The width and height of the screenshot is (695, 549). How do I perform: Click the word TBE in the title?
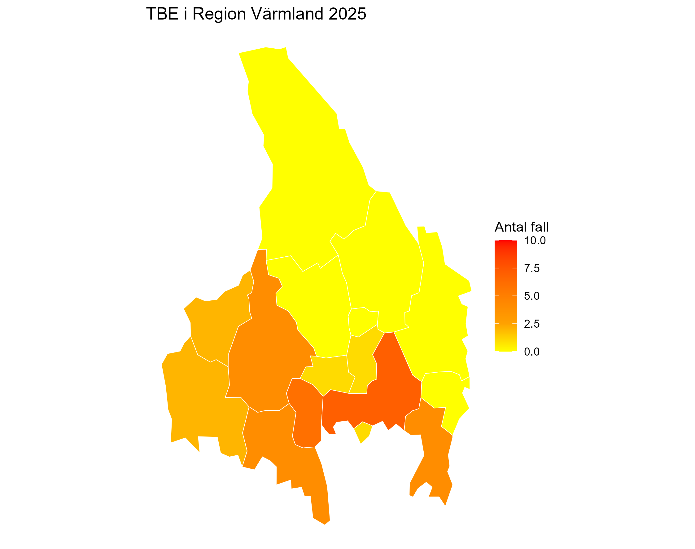162,14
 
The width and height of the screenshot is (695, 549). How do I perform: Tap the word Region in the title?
219,14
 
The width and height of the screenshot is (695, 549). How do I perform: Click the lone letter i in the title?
185,14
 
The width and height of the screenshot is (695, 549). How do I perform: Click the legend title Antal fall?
521,227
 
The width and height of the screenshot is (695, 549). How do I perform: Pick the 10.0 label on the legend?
535,241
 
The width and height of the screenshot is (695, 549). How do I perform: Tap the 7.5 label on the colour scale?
531,268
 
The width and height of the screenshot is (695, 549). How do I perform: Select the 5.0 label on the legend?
531,296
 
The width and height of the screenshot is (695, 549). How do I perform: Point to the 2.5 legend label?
531,324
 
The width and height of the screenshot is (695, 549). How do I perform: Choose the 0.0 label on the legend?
531,352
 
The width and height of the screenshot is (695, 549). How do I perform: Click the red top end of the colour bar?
505,243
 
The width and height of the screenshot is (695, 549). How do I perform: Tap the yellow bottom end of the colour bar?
505,349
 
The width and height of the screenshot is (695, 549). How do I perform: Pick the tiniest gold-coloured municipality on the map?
363,432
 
